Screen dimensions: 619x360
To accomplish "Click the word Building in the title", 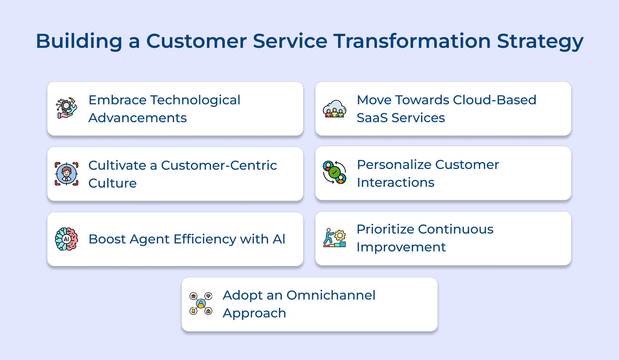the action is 79,41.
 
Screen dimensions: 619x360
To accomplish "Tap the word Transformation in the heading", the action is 412,41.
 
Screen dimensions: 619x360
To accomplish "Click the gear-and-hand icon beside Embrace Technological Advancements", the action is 66,108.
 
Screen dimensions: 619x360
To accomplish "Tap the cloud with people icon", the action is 334,109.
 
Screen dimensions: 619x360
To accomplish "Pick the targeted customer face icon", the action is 66,174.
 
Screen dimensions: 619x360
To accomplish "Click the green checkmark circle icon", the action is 334,172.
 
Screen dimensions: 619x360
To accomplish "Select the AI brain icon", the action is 66,239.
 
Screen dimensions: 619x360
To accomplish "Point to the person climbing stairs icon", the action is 334,237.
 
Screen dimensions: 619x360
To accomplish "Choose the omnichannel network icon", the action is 201,304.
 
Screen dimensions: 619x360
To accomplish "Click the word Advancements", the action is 138,118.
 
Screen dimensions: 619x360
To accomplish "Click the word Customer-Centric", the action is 219,165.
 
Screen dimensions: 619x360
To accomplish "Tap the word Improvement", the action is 401,247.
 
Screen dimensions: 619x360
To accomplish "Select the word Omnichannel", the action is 331,295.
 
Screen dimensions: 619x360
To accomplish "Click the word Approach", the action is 255,313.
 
